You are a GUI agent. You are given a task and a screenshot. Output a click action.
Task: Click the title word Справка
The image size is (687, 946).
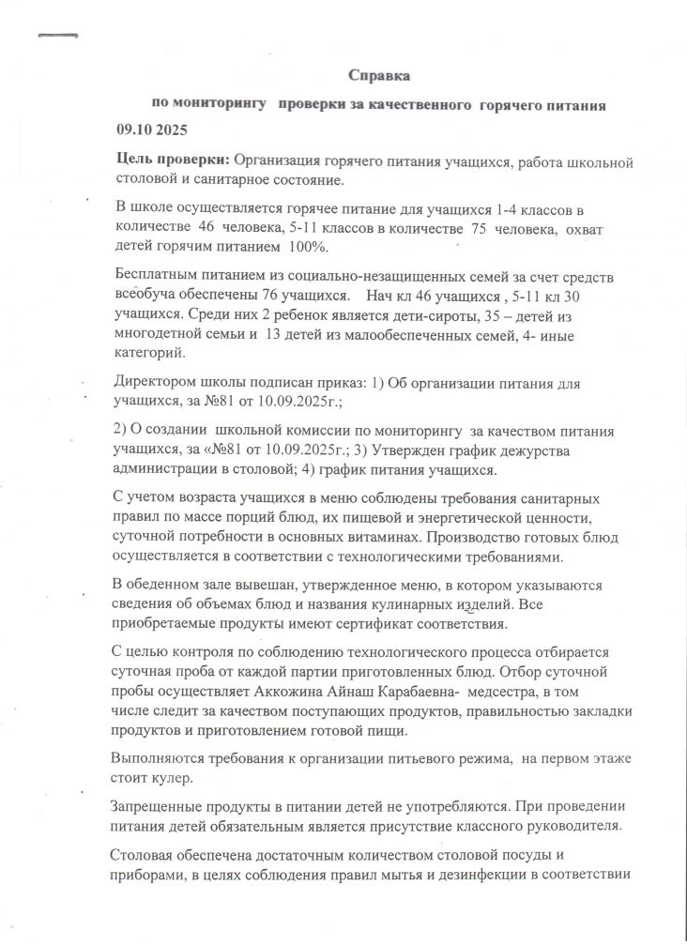point(379,74)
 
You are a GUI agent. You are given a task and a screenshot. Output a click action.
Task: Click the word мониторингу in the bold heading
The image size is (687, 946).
point(218,105)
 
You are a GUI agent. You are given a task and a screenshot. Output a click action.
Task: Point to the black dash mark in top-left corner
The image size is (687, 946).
point(57,35)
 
